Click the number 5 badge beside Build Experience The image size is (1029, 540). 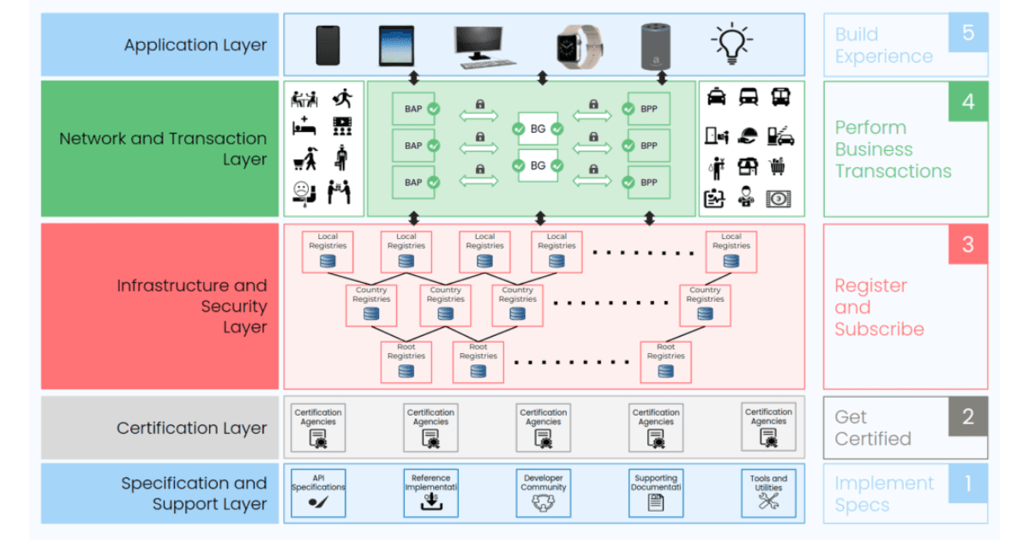coord(968,33)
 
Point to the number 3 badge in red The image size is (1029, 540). coord(968,244)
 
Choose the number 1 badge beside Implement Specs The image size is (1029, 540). coord(968,483)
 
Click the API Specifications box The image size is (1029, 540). coord(318,493)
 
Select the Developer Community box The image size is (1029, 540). coord(544,493)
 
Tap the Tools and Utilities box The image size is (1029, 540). coord(768,493)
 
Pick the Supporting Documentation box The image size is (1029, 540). coord(656,493)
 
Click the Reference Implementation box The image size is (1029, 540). coord(430,493)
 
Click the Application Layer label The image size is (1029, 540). coord(196,45)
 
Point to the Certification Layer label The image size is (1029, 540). coord(192,428)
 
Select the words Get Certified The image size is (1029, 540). coord(873,428)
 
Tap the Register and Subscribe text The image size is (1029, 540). coord(879,307)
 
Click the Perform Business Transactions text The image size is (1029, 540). coord(893,149)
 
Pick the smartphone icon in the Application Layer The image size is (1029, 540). coord(328,45)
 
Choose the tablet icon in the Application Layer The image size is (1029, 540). coord(396,45)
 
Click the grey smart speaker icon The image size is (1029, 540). coord(654,45)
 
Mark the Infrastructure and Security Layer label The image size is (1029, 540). coord(192,306)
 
